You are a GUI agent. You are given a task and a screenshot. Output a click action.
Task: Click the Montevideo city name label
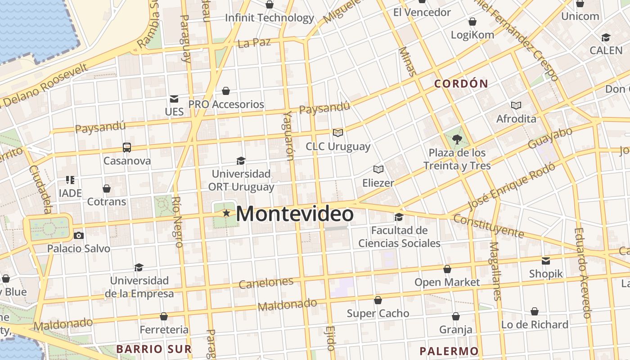(x=295, y=214)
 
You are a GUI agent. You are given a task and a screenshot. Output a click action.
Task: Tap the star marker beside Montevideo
(x=226, y=213)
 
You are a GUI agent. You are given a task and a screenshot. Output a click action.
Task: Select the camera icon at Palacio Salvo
(x=78, y=235)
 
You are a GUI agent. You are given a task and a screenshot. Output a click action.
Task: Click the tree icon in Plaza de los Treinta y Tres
(x=457, y=139)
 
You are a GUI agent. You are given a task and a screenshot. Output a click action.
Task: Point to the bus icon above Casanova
(x=127, y=148)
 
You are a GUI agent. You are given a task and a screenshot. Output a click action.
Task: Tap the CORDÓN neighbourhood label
(x=461, y=84)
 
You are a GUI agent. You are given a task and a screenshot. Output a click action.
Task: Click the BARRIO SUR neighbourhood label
(x=154, y=349)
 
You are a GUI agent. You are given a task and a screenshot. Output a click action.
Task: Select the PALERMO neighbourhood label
(x=449, y=351)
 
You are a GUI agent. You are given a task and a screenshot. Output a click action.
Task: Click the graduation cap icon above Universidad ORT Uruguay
(x=241, y=161)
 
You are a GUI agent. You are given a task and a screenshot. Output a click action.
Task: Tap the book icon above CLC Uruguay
(x=337, y=133)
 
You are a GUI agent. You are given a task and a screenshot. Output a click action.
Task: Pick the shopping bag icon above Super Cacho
(x=378, y=300)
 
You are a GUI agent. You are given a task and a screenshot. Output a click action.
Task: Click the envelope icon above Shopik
(x=546, y=261)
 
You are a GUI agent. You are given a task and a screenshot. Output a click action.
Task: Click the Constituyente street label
(x=488, y=226)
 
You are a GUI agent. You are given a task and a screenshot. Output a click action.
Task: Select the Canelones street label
(x=266, y=283)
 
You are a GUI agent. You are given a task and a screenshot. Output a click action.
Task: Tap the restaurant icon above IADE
(x=70, y=180)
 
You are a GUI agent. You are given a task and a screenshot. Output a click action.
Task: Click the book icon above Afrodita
(x=516, y=105)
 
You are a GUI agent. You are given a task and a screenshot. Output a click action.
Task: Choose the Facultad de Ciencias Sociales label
(x=399, y=237)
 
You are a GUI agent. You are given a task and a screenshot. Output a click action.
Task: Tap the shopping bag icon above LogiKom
(x=472, y=21)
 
